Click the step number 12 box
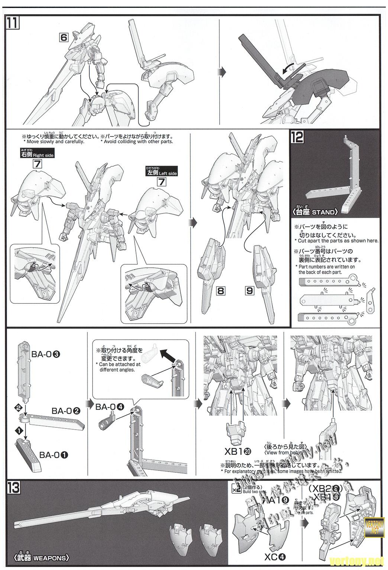pos(298,137)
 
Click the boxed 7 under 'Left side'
pos(161,182)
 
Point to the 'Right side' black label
pos(38,154)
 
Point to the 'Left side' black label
pos(162,173)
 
